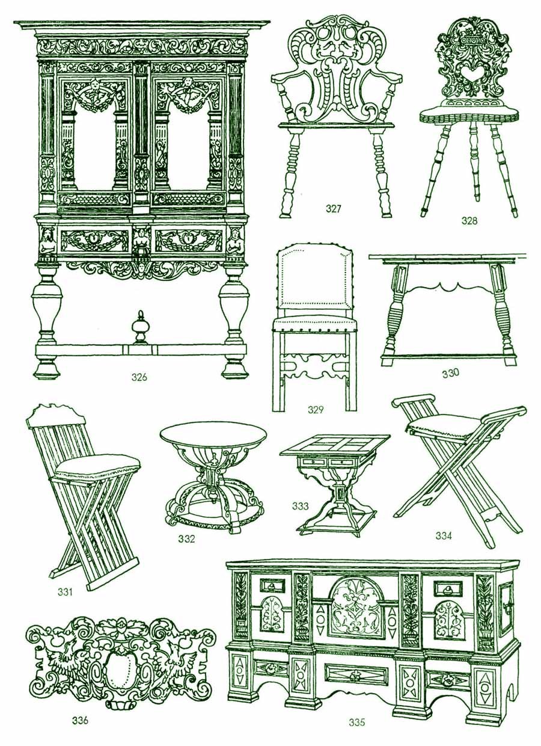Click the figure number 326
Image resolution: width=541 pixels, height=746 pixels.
coord(139,378)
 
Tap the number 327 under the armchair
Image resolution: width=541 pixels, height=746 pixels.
coord(334,209)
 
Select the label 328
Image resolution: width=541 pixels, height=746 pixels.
coord(469,220)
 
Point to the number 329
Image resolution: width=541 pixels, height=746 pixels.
coord(316,410)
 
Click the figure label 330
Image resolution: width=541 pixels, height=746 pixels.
coord(450,374)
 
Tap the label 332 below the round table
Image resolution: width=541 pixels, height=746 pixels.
coord(186,539)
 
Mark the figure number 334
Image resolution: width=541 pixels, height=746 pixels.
coord(444,536)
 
